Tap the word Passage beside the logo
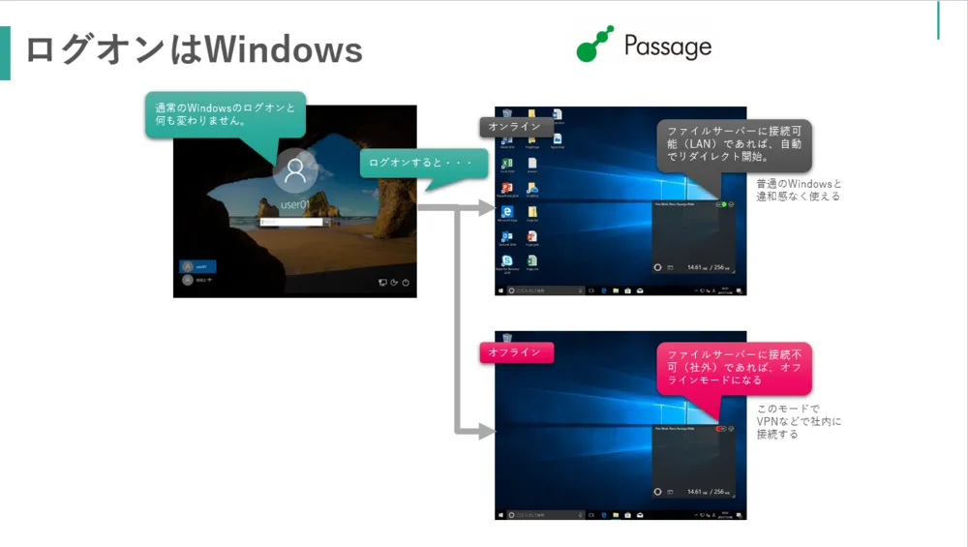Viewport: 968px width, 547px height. click(x=668, y=46)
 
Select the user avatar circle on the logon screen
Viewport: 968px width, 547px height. click(x=294, y=171)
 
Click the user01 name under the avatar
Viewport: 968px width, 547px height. click(x=294, y=205)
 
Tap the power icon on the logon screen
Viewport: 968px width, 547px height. click(x=406, y=283)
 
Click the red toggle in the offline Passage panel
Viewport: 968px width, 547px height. click(x=722, y=428)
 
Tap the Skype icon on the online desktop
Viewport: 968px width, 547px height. click(x=506, y=260)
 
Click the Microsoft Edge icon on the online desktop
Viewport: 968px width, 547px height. click(x=506, y=211)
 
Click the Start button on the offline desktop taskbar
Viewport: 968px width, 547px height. click(x=500, y=514)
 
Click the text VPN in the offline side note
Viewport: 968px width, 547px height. click(x=767, y=422)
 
